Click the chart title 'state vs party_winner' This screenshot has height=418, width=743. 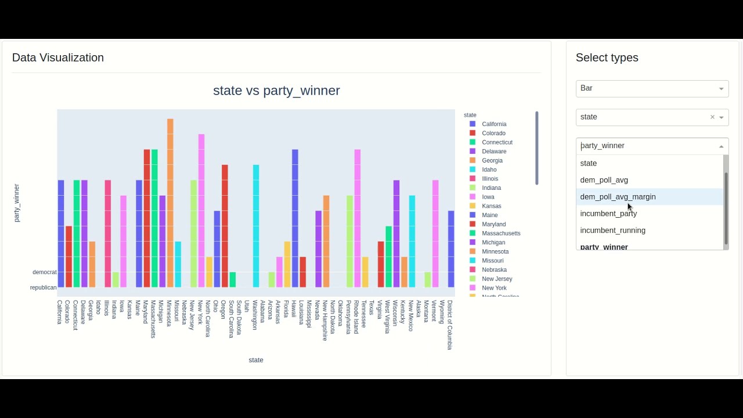[276, 91]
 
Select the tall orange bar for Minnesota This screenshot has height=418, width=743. [170, 203]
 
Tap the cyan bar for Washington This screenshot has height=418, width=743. [256, 226]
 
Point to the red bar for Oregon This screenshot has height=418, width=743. [225, 226]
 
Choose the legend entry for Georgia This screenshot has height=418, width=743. [492, 161]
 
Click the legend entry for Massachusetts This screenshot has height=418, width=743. [501, 233]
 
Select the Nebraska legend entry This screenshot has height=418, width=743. [494, 270]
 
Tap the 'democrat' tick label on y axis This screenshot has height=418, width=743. [45, 272]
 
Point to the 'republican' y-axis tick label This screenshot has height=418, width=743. [44, 288]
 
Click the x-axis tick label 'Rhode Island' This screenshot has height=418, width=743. [356, 317]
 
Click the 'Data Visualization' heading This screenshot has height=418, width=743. [58, 57]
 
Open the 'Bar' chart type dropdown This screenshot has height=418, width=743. [652, 88]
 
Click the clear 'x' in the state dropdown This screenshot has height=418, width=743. [712, 117]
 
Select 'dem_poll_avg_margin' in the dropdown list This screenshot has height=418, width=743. [618, 197]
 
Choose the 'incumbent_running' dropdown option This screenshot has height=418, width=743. [612, 230]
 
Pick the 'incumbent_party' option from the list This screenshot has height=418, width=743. [608, 214]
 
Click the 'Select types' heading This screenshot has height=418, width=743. [607, 57]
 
